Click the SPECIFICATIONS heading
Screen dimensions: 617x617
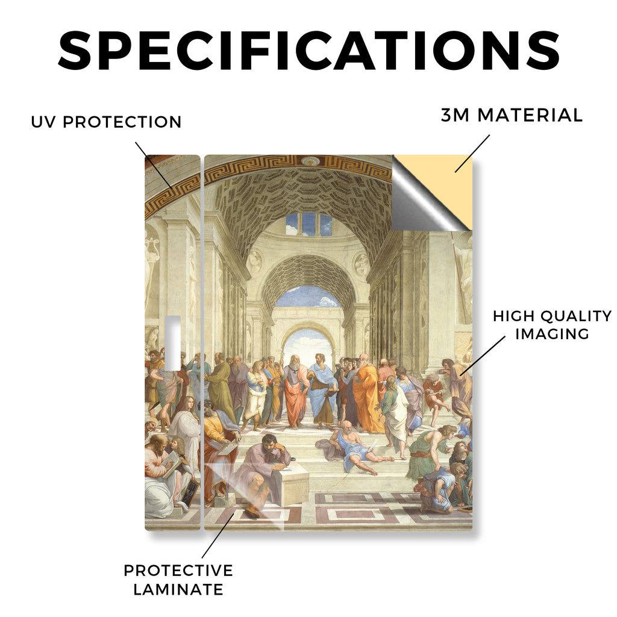(x=309, y=51)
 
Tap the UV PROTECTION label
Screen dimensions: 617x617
(x=106, y=122)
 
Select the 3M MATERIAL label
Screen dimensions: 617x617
(x=512, y=115)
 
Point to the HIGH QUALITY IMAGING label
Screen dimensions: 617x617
(x=552, y=325)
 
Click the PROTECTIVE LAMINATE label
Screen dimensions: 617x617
(x=178, y=580)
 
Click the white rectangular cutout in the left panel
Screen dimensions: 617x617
(x=172, y=343)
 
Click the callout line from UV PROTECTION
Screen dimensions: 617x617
(x=154, y=165)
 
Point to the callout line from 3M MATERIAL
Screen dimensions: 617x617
(x=472, y=154)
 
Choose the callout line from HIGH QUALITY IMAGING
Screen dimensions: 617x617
(x=483, y=355)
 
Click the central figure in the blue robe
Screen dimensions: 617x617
(x=322, y=391)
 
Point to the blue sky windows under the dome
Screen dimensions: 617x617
(x=309, y=224)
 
